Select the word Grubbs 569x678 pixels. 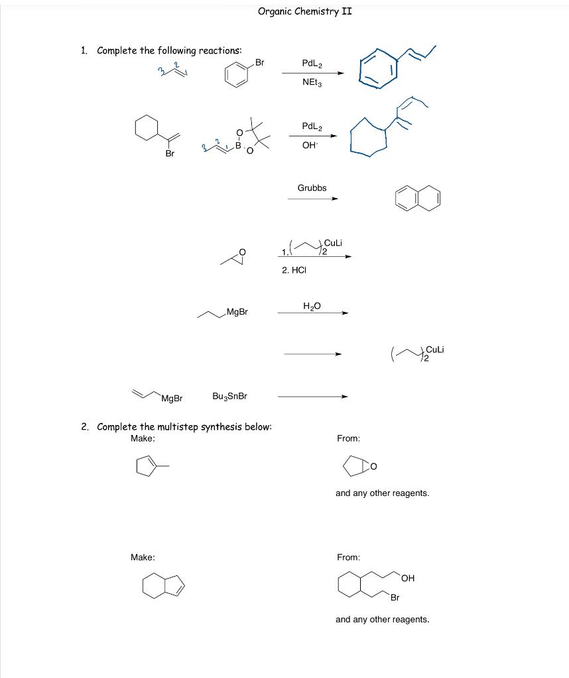coord(312,188)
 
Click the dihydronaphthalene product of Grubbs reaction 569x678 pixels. coord(417,199)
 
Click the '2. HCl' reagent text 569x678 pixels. coord(295,269)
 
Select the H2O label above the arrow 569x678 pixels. coord(312,305)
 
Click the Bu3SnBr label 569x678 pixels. coord(229,396)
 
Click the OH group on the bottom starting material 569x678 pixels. coord(407,578)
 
